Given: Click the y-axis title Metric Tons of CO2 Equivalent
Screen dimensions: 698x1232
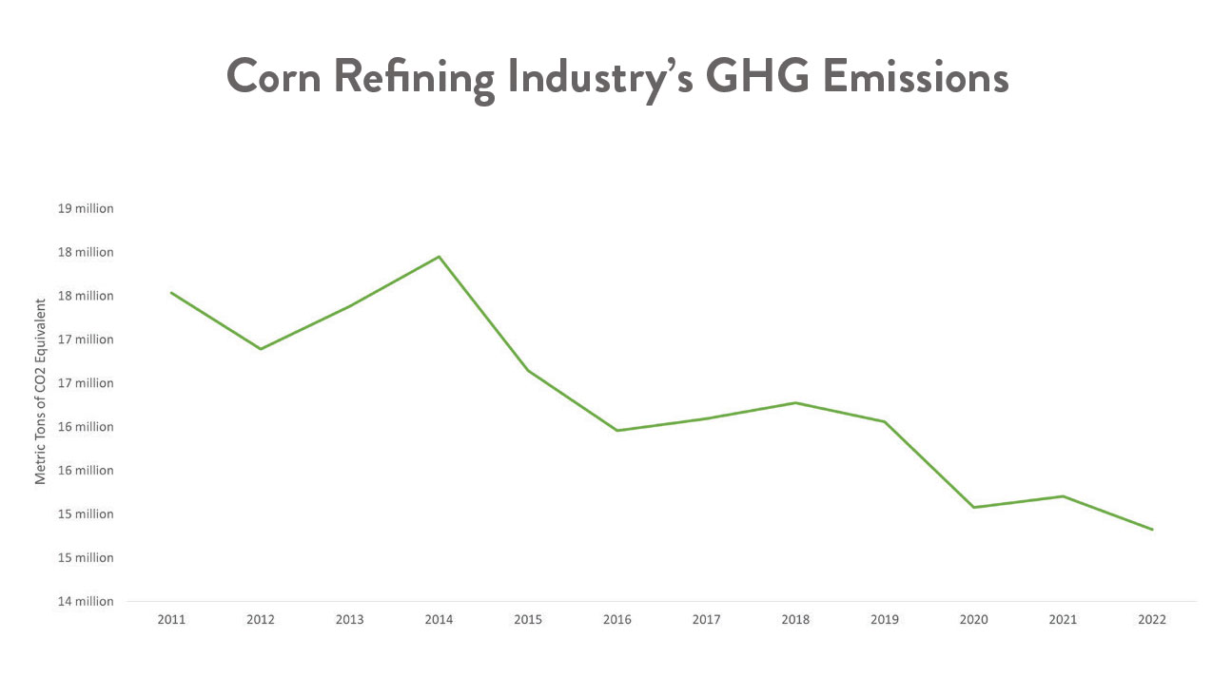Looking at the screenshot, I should [x=41, y=392].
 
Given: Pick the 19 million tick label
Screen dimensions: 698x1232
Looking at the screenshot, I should [x=86, y=208].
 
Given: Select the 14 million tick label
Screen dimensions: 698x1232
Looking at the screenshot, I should [x=86, y=601].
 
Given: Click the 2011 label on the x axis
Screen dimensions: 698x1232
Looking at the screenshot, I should [x=171, y=619].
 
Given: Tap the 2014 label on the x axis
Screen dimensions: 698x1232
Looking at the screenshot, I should [x=439, y=619].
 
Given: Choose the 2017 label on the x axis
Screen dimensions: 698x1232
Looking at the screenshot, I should [x=706, y=619].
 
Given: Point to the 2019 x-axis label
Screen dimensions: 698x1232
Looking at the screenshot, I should [x=885, y=619].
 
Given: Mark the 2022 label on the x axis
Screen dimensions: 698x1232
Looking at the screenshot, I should [x=1152, y=619].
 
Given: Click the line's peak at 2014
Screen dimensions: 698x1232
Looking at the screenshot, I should [x=439, y=257].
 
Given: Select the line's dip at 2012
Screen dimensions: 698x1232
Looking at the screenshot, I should [x=261, y=349].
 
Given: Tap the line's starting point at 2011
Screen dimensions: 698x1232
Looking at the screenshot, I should [x=171, y=293].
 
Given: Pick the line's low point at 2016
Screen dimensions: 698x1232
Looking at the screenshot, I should [x=617, y=431].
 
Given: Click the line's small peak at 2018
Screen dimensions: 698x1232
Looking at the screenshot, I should [x=795, y=402].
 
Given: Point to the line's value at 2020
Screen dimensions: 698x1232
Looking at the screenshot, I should [x=974, y=507].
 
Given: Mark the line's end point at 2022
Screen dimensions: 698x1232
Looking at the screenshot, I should [x=1152, y=530].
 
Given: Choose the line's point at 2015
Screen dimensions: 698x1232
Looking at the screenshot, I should [x=528, y=370].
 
